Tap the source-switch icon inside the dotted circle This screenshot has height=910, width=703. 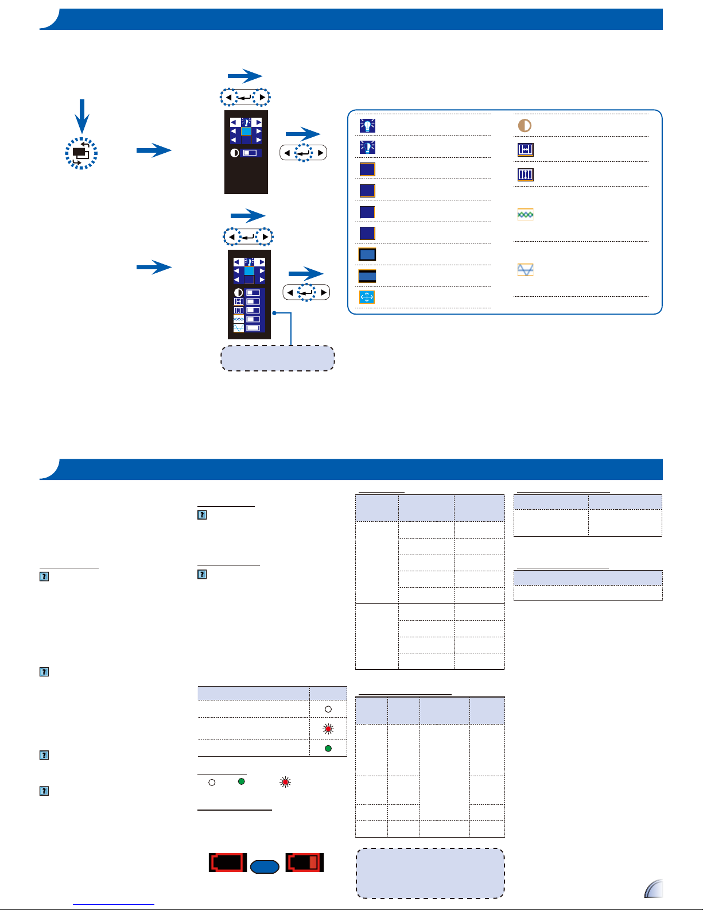81,153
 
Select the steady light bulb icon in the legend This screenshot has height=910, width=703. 367,125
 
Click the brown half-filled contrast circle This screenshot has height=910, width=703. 525,125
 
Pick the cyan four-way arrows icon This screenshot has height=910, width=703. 367,297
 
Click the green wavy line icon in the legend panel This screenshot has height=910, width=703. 525,214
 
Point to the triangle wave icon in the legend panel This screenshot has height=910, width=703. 525,270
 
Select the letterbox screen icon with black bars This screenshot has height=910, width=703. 367,276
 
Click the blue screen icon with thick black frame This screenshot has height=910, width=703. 367,254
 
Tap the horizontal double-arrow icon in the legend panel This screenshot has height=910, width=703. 525,150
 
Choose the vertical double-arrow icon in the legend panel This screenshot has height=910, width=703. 525,174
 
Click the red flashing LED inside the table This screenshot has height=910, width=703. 328,729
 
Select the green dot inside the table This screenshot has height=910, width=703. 328,749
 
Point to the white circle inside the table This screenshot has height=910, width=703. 328,710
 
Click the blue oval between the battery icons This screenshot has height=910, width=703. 265,866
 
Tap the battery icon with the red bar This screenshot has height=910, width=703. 305,862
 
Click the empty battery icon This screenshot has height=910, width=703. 228,862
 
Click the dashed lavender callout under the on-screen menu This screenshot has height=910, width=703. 278,358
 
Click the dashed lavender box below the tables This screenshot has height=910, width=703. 430,873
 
